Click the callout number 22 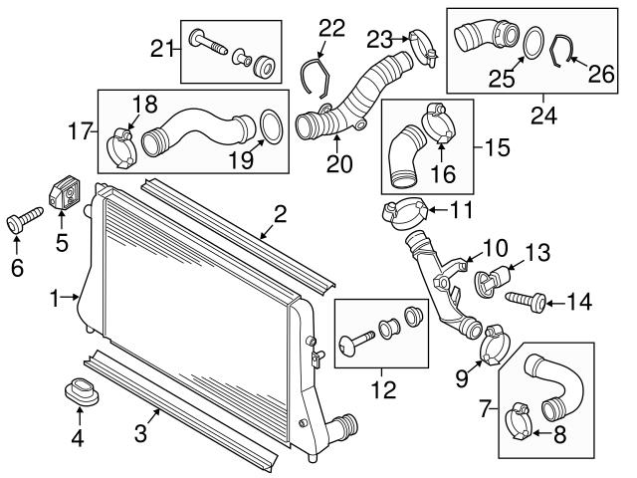[331, 28]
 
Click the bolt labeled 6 [22, 220]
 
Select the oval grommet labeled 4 [83, 391]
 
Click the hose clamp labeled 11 [403, 211]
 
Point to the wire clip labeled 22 [317, 75]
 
